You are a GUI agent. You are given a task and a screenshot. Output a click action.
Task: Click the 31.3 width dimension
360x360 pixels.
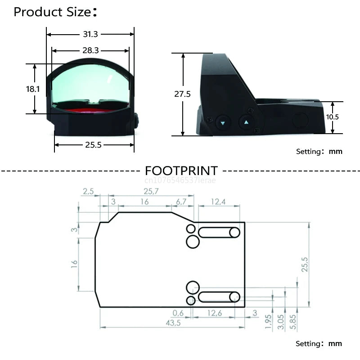coord(90,34)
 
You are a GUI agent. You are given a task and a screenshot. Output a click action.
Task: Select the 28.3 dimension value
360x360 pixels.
coord(90,50)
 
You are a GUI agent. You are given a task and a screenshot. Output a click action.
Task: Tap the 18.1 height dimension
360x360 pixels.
coord(32,89)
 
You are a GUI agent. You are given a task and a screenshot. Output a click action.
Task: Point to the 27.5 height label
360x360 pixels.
coord(182,94)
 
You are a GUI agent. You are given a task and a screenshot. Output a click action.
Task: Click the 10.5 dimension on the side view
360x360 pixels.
coord(332,117)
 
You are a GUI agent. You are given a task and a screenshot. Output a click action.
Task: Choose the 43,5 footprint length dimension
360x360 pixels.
coord(173,323)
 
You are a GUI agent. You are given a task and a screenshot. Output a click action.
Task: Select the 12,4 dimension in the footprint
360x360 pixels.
coord(218,202)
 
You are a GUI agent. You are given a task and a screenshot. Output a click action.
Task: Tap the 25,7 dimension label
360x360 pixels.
coord(151,191)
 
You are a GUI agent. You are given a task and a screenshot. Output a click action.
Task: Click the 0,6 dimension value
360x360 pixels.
coord(178,313)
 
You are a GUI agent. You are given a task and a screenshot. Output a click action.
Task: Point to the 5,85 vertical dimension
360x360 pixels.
coord(293,322)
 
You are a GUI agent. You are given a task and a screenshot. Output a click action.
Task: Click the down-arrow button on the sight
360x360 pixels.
coord(223,123)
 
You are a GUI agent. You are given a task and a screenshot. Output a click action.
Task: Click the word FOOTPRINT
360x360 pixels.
coord(181,171)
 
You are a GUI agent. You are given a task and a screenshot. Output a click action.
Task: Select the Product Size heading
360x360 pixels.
coord(55,12)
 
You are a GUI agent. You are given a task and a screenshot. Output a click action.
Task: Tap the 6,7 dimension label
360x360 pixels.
coord(181,202)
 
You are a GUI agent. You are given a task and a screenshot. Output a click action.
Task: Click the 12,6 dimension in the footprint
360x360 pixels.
coord(215,313)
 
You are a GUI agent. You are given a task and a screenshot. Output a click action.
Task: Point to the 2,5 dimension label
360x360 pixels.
coord(88,191)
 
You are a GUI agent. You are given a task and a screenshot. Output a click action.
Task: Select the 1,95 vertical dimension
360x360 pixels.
coord(268,322)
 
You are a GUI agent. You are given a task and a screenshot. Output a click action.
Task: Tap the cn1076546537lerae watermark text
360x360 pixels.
coord(180,180)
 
